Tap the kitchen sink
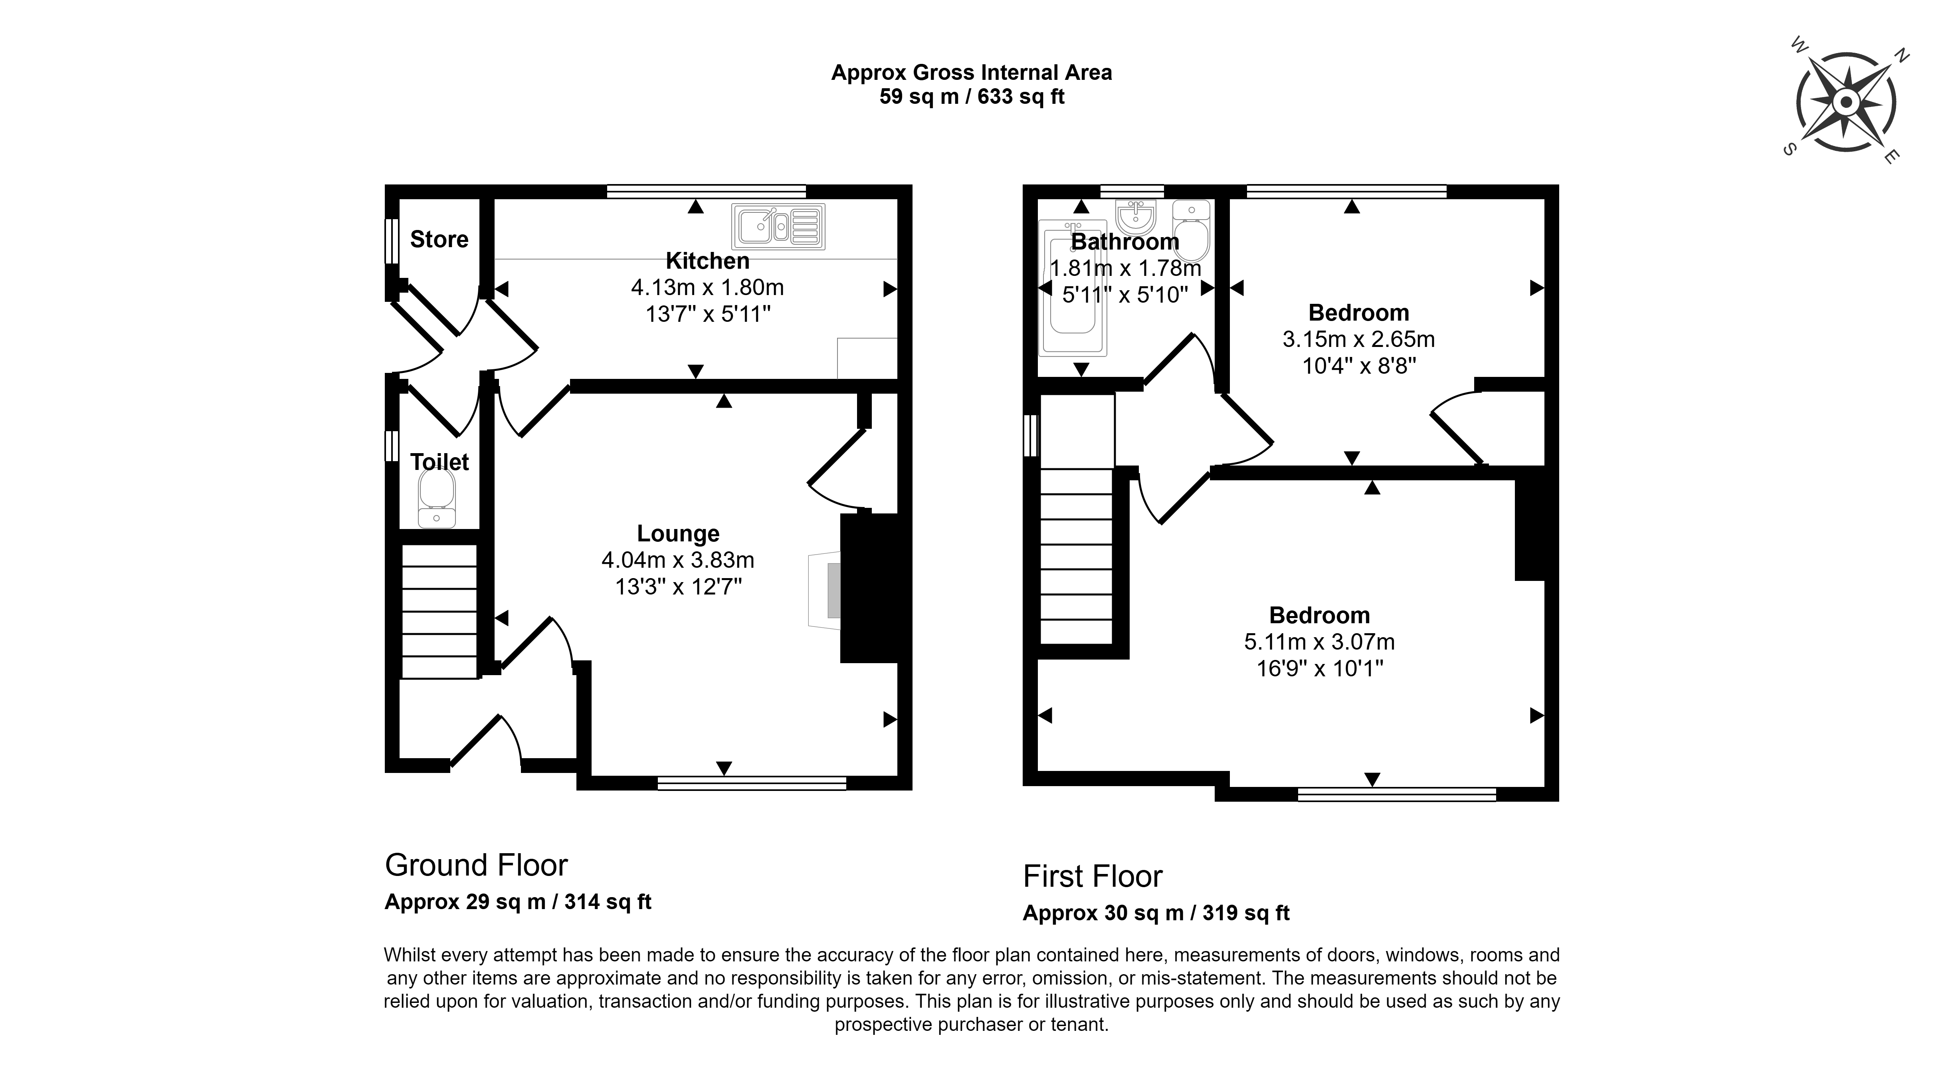pyautogui.click(x=778, y=226)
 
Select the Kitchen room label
pyautogui.click(x=707, y=261)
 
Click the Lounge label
pyautogui.click(x=678, y=534)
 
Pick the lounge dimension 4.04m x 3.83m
pyautogui.click(x=678, y=560)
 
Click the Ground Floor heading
pyautogui.click(x=476, y=865)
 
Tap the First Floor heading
pyautogui.click(x=1092, y=876)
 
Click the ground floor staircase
pyautogui.click(x=439, y=612)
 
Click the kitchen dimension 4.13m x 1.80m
pyautogui.click(x=707, y=287)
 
